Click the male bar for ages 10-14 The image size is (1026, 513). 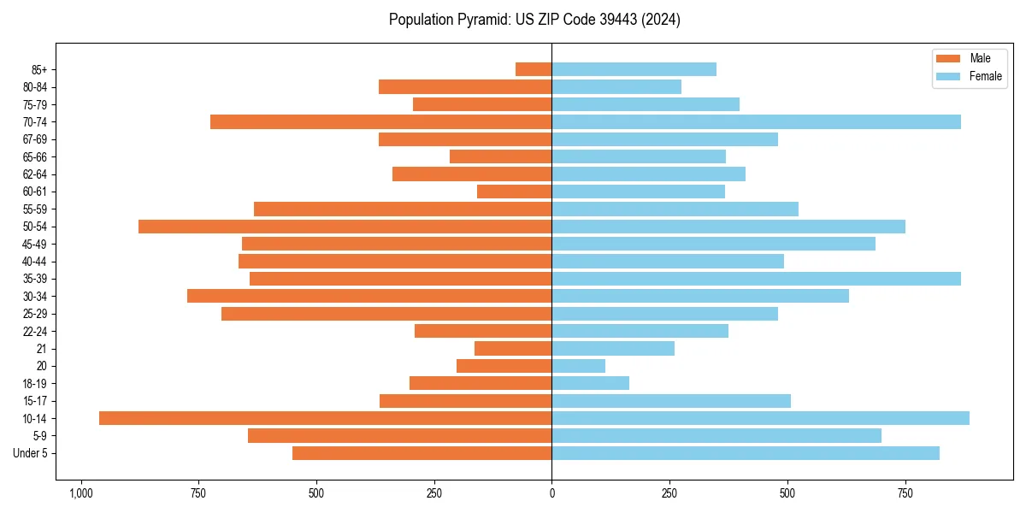pos(325,418)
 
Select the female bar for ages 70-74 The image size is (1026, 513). pos(756,121)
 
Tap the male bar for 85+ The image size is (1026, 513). pos(534,69)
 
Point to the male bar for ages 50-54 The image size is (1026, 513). pos(345,227)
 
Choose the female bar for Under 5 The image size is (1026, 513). pos(746,453)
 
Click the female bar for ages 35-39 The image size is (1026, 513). pos(756,279)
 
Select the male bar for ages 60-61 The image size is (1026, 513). pos(514,192)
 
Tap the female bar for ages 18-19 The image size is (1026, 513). pos(590,383)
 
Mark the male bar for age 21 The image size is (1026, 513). pos(513,348)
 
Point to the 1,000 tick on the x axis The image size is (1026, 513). pos(81,493)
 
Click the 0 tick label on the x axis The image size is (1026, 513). pos(551,493)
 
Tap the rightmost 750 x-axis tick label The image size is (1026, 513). pos(905,493)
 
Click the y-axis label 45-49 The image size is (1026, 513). pos(35,244)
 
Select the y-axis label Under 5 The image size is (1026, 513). pos(31,453)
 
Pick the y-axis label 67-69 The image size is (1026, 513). pos(35,139)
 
